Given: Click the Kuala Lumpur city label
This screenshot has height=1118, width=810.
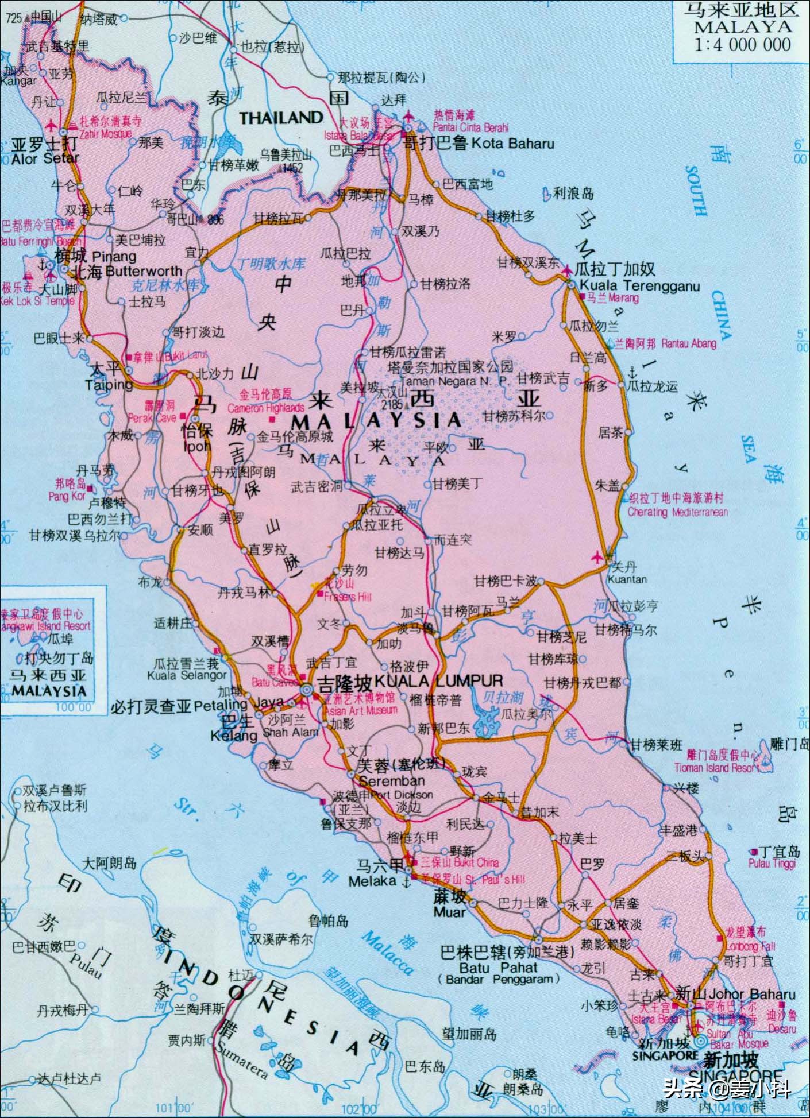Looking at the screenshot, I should pyautogui.click(x=438, y=682).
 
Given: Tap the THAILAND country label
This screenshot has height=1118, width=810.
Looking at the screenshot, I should pyautogui.click(x=281, y=118).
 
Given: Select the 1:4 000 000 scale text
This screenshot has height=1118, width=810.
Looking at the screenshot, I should pyautogui.click(x=742, y=44).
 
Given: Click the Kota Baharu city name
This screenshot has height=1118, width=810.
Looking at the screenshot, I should pyautogui.click(x=512, y=144).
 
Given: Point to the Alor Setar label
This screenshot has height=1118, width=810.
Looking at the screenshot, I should pyautogui.click(x=45, y=158).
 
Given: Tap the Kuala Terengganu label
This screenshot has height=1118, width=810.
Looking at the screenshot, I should pyautogui.click(x=639, y=286).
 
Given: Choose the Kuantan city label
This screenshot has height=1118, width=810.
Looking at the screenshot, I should pyautogui.click(x=627, y=580).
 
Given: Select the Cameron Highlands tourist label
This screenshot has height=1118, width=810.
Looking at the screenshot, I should pyautogui.click(x=266, y=408).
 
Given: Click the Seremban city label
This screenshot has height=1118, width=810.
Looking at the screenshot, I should pyautogui.click(x=392, y=781).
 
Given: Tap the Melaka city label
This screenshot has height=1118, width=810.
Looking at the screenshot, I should pyautogui.click(x=372, y=881).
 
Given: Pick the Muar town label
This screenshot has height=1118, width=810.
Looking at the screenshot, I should pyautogui.click(x=449, y=911).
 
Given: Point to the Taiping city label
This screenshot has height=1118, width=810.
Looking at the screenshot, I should pyautogui.click(x=109, y=385).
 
